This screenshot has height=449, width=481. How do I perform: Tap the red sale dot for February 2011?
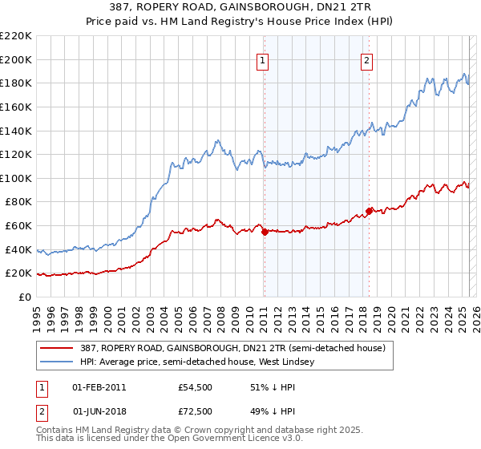click(x=265, y=232)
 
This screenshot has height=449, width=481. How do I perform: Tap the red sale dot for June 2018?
click(x=369, y=211)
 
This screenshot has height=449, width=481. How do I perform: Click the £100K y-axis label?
click(x=18, y=178)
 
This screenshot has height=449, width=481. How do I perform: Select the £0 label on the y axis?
click(x=26, y=297)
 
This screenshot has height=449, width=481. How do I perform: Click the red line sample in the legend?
click(x=58, y=348)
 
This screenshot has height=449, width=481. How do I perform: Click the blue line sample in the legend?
click(x=58, y=362)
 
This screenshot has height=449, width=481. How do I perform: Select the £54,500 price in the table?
click(x=196, y=387)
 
